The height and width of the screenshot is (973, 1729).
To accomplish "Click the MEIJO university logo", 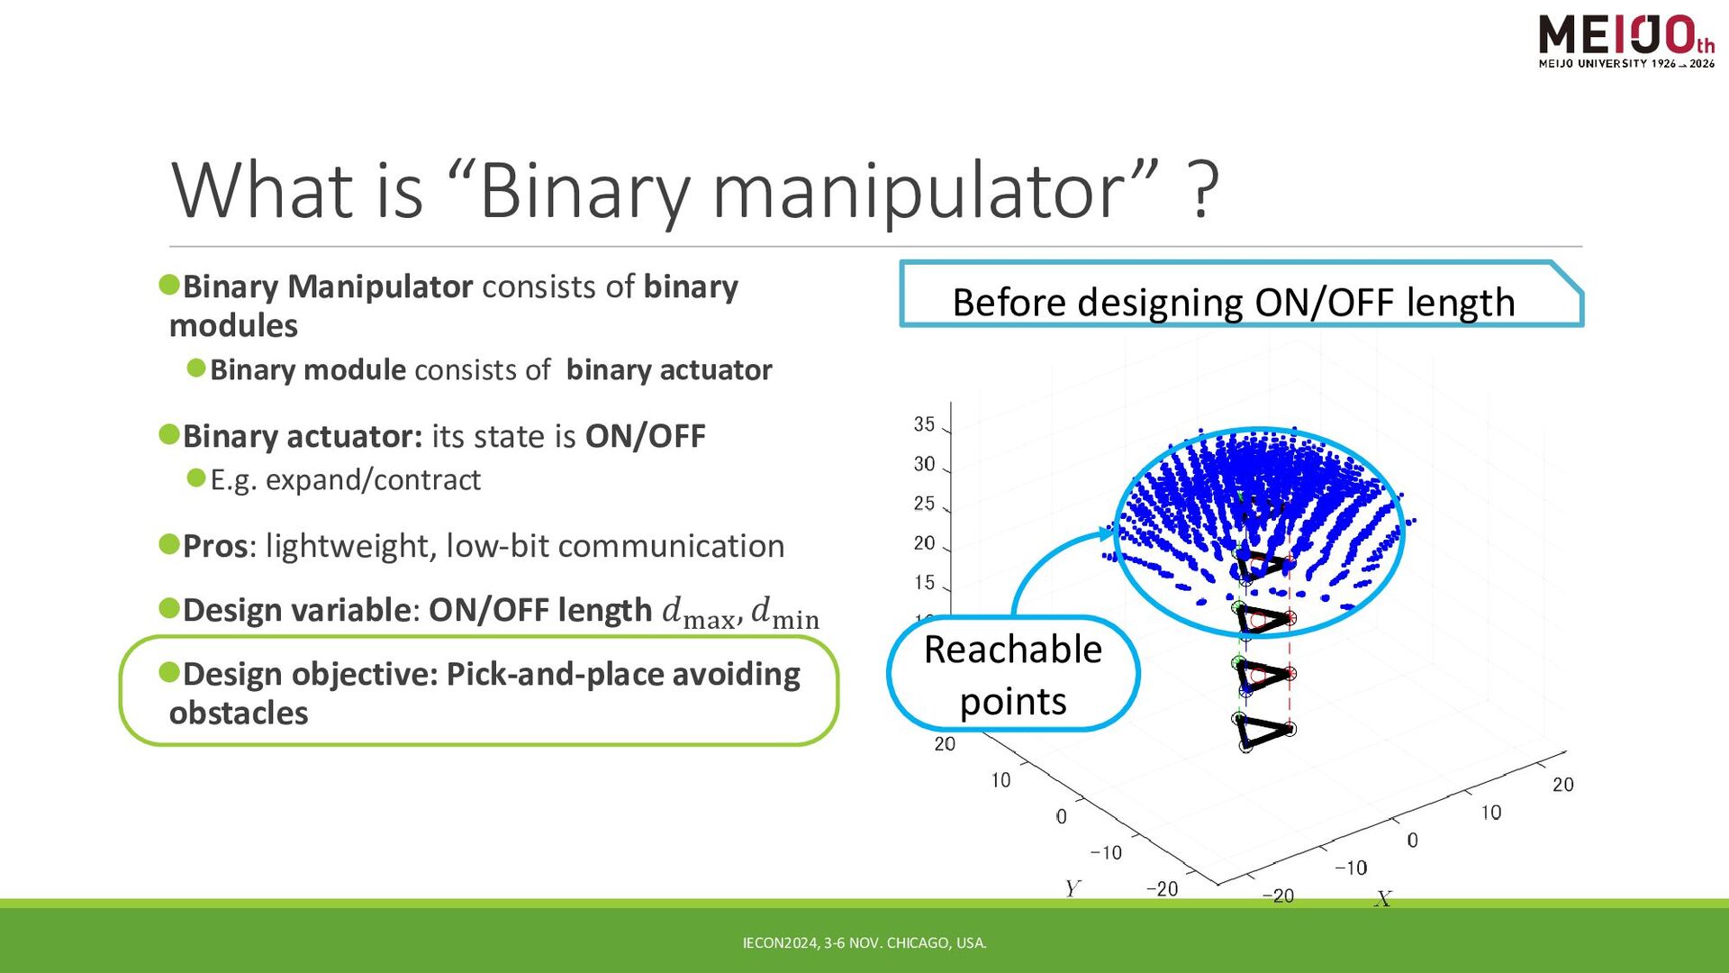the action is coord(1626,41).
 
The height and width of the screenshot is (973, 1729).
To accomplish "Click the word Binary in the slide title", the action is coord(584,191).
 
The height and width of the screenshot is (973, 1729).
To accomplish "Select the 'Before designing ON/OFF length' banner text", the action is coord(1234,303).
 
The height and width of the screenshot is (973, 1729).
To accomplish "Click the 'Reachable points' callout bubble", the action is coord(1013,674).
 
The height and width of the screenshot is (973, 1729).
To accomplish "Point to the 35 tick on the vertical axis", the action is coord(925,424).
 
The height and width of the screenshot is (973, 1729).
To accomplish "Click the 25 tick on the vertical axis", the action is coord(925,504).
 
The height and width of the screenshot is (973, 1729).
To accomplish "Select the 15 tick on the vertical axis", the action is coord(925,583).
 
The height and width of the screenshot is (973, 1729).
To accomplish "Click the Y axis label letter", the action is coord(1072,889).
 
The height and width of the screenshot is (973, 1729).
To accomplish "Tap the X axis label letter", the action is coord(1383,898).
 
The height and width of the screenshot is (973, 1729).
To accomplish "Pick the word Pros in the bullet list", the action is coord(215,546).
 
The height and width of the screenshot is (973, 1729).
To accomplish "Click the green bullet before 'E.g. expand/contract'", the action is coord(196,477).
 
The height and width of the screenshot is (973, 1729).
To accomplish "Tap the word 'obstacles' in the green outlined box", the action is coord(239,714).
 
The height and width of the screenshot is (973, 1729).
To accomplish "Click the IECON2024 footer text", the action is coord(864,943).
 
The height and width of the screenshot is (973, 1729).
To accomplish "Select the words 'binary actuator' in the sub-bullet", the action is coord(669,370).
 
